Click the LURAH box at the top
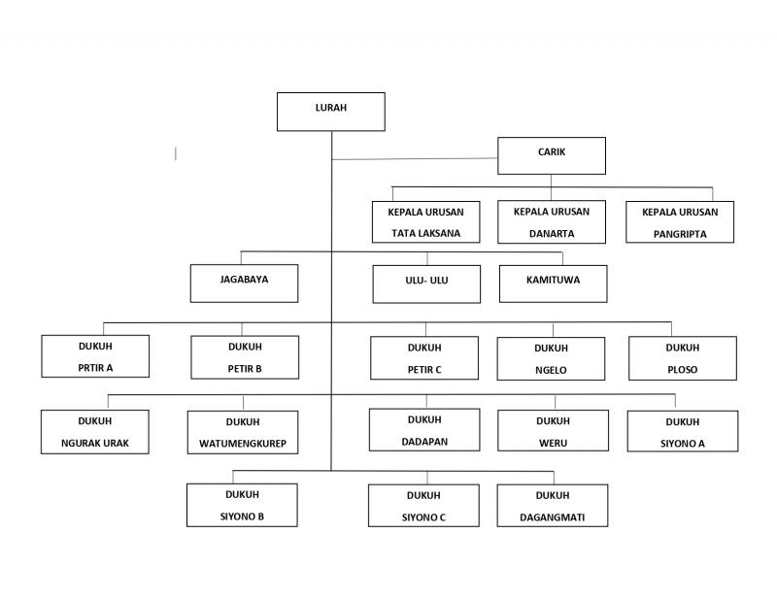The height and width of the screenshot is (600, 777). pyautogui.click(x=331, y=112)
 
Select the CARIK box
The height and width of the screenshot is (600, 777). pyautogui.click(x=552, y=155)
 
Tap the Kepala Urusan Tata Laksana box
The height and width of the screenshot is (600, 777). pyautogui.click(x=426, y=222)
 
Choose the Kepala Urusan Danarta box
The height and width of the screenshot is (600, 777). pyautogui.click(x=552, y=222)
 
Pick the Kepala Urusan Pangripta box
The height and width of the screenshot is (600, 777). pyautogui.click(x=680, y=222)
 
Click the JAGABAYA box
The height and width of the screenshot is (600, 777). pyautogui.click(x=245, y=283)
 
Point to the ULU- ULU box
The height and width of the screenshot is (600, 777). pyautogui.click(x=426, y=283)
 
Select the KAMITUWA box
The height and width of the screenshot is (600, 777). pyautogui.click(x=553, y=283)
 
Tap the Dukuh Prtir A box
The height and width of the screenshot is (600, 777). pyautogui.click(x=95, y=356)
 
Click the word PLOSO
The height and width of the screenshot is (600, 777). pyautogui.click(x=683, y=370)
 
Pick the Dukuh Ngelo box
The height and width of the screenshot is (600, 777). pyautogui.click(x=551, y=358)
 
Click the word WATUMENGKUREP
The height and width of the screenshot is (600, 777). pyautogui.click(x=243, y=444)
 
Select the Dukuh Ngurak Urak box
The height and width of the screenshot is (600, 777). pyautogui.click(x=94, y=431)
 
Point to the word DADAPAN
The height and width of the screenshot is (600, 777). pyautogui.click(x=424, y=442)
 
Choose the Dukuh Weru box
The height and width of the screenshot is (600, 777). pyautogui.click(x=553, y=430)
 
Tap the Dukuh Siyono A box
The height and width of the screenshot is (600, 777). pyautogui.click(x=683, y=431)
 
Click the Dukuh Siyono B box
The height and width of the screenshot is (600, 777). pyautogui.click(x=242, y=505)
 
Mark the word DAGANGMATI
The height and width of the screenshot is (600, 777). pyautogui.click(x=552, y=517)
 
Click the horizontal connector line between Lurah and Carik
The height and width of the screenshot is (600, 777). pyautogui.click(x=415, y=159)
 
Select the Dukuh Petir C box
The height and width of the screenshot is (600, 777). pyautogui.click(x=424, y=358)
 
